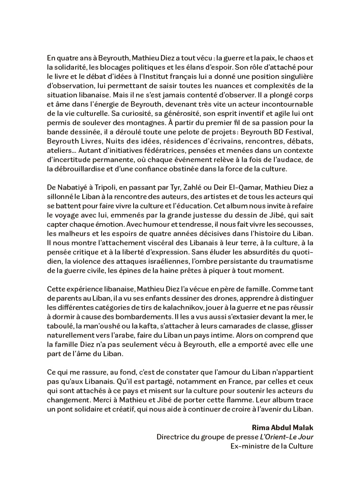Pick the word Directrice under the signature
pyautogui.click(x=174, y=437)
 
